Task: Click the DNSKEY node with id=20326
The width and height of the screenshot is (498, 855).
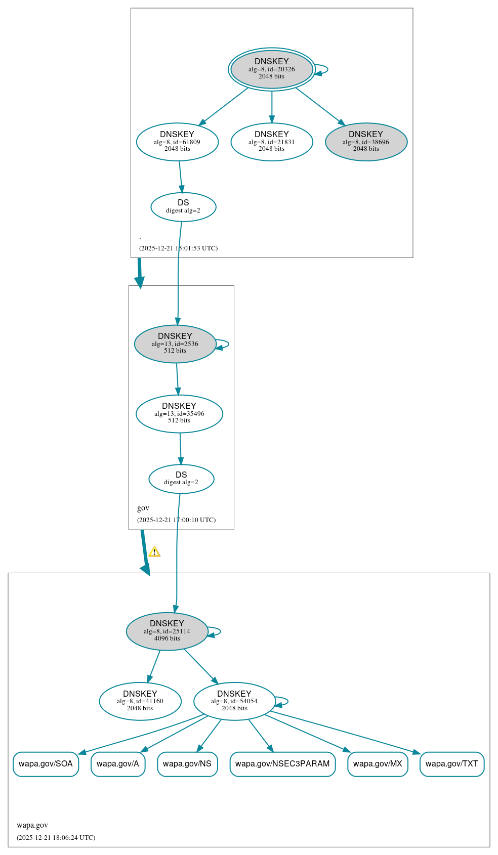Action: [x=272, y=69]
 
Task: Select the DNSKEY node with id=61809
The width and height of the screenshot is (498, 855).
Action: [x=177, y=142]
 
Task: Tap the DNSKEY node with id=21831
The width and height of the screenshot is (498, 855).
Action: [x=272, y=142]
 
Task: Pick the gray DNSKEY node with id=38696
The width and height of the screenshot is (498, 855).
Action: [x=366, y=142]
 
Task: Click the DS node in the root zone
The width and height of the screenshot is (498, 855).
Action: [x=183, y=207]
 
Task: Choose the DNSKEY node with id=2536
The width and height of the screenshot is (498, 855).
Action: [x=175, y=344]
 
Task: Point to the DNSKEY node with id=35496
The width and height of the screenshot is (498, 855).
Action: [x=179, y=414]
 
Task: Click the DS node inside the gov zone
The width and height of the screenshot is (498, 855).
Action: [x=181, y=479]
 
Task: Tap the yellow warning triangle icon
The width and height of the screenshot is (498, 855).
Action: [x=154, y=552]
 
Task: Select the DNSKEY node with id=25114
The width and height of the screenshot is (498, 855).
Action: [x=167, y=631]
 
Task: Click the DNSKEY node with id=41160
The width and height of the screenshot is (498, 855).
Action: [x=140, y=701]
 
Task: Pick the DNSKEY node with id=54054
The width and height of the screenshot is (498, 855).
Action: [x=234, y=701]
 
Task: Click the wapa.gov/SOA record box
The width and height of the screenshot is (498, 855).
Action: [x=46, y=764]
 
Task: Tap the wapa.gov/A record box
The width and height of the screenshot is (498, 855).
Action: [x=118, y=764]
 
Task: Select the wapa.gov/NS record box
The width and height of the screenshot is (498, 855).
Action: [x=187, y=764]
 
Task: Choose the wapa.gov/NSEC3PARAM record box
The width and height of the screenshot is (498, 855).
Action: [x=282, y=764]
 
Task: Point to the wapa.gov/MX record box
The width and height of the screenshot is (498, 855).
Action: [x=378, y=764]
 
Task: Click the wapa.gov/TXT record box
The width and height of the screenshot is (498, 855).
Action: [x=452, y=764]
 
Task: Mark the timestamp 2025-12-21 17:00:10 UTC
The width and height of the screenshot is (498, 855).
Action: [x=176, y=520]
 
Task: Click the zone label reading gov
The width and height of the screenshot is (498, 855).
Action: [x=143, y=508]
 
